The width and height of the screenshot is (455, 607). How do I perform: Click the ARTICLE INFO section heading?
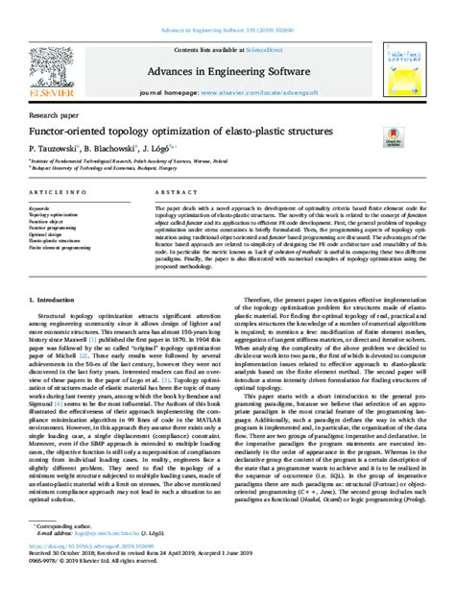[x=58, y=192]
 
